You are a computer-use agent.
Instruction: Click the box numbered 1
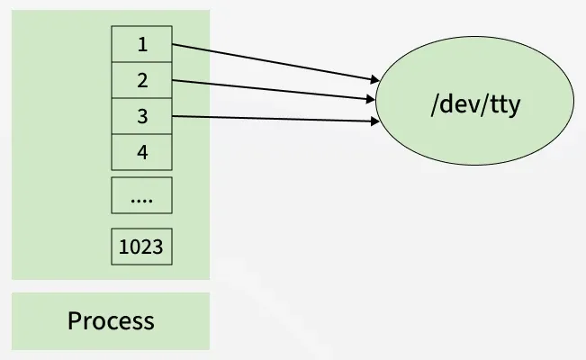pos(141,44)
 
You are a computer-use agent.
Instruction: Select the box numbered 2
pos(141,80)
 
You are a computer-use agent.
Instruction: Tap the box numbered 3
pos(141,116)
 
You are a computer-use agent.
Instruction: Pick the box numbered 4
pos(141,152)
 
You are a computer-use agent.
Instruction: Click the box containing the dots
pos(141,194)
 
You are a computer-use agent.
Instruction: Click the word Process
pos(111,320)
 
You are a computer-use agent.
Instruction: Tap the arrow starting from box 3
pos(270,118)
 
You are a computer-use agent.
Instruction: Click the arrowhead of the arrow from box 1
pos(372,81)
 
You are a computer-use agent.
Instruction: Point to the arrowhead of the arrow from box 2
pos(370,99)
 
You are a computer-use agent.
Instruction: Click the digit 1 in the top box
pos(141,44)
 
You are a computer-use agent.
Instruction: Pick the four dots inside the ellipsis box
pos(141,198)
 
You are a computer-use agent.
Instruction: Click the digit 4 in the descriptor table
pos(141,152)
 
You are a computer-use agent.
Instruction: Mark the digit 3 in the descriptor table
pos(141,116)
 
